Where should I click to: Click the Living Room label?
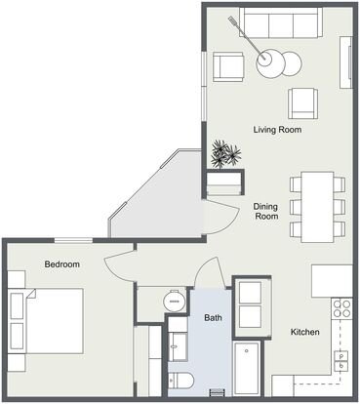[x=277, y=130]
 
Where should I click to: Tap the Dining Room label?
[x=266, y=211]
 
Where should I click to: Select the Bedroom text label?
[x=62, y=264]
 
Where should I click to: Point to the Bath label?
[x=213, y=317]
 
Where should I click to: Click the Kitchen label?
[x=304, y=332]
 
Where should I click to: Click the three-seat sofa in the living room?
[x=281, y=22]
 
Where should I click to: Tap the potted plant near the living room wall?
[x=225, y=154]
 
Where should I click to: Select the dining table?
[x=317, y=207]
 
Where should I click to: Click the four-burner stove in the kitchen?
[x=341, y=308]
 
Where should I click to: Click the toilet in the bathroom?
[x=181, y=380]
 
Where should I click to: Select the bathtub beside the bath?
[x=247, y=368]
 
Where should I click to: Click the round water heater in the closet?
[x=175, y=301]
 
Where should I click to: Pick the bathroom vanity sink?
[x=178, y=346]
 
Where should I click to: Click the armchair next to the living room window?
[x=228, y=66]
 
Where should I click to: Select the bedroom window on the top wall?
[x=73, y=240]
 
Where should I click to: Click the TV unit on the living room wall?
[x=346, y=62]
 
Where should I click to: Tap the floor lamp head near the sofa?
[x=231, y=20]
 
